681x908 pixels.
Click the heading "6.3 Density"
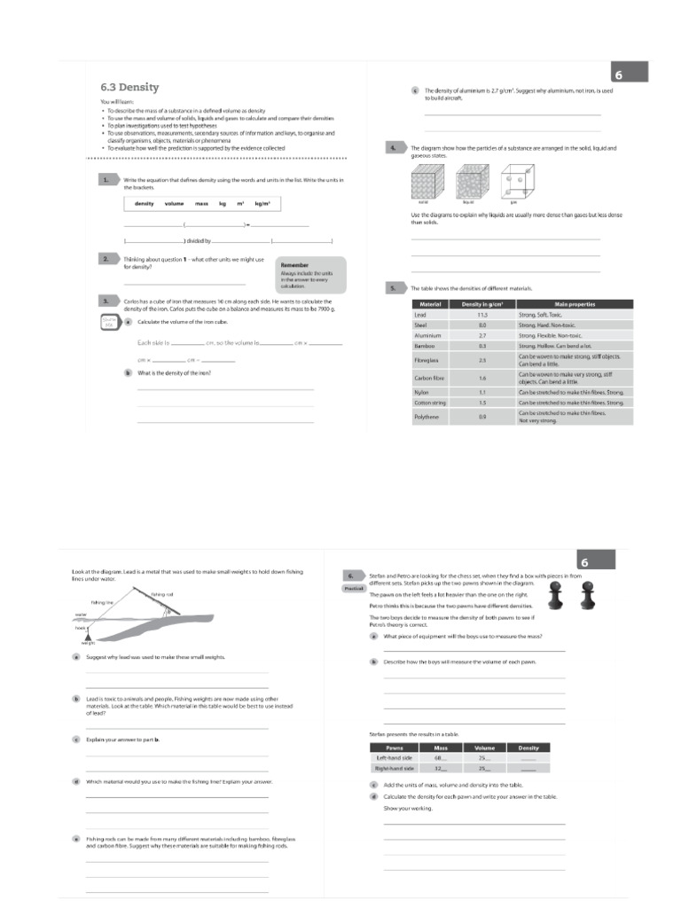(129, 87)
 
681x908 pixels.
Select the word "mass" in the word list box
(201, 203)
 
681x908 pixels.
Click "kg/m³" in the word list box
(262, 203)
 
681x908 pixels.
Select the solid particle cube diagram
(428, 183)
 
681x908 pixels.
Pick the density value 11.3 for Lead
(482, 315)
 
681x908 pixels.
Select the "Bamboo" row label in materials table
(424, 346)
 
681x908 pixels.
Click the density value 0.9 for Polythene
(482, 416)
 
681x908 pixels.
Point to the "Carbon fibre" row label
(429, 378)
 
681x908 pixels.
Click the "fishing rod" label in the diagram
(162, 594)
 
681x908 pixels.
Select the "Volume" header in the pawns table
(484, 748)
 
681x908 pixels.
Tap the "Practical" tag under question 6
(353, 588)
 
